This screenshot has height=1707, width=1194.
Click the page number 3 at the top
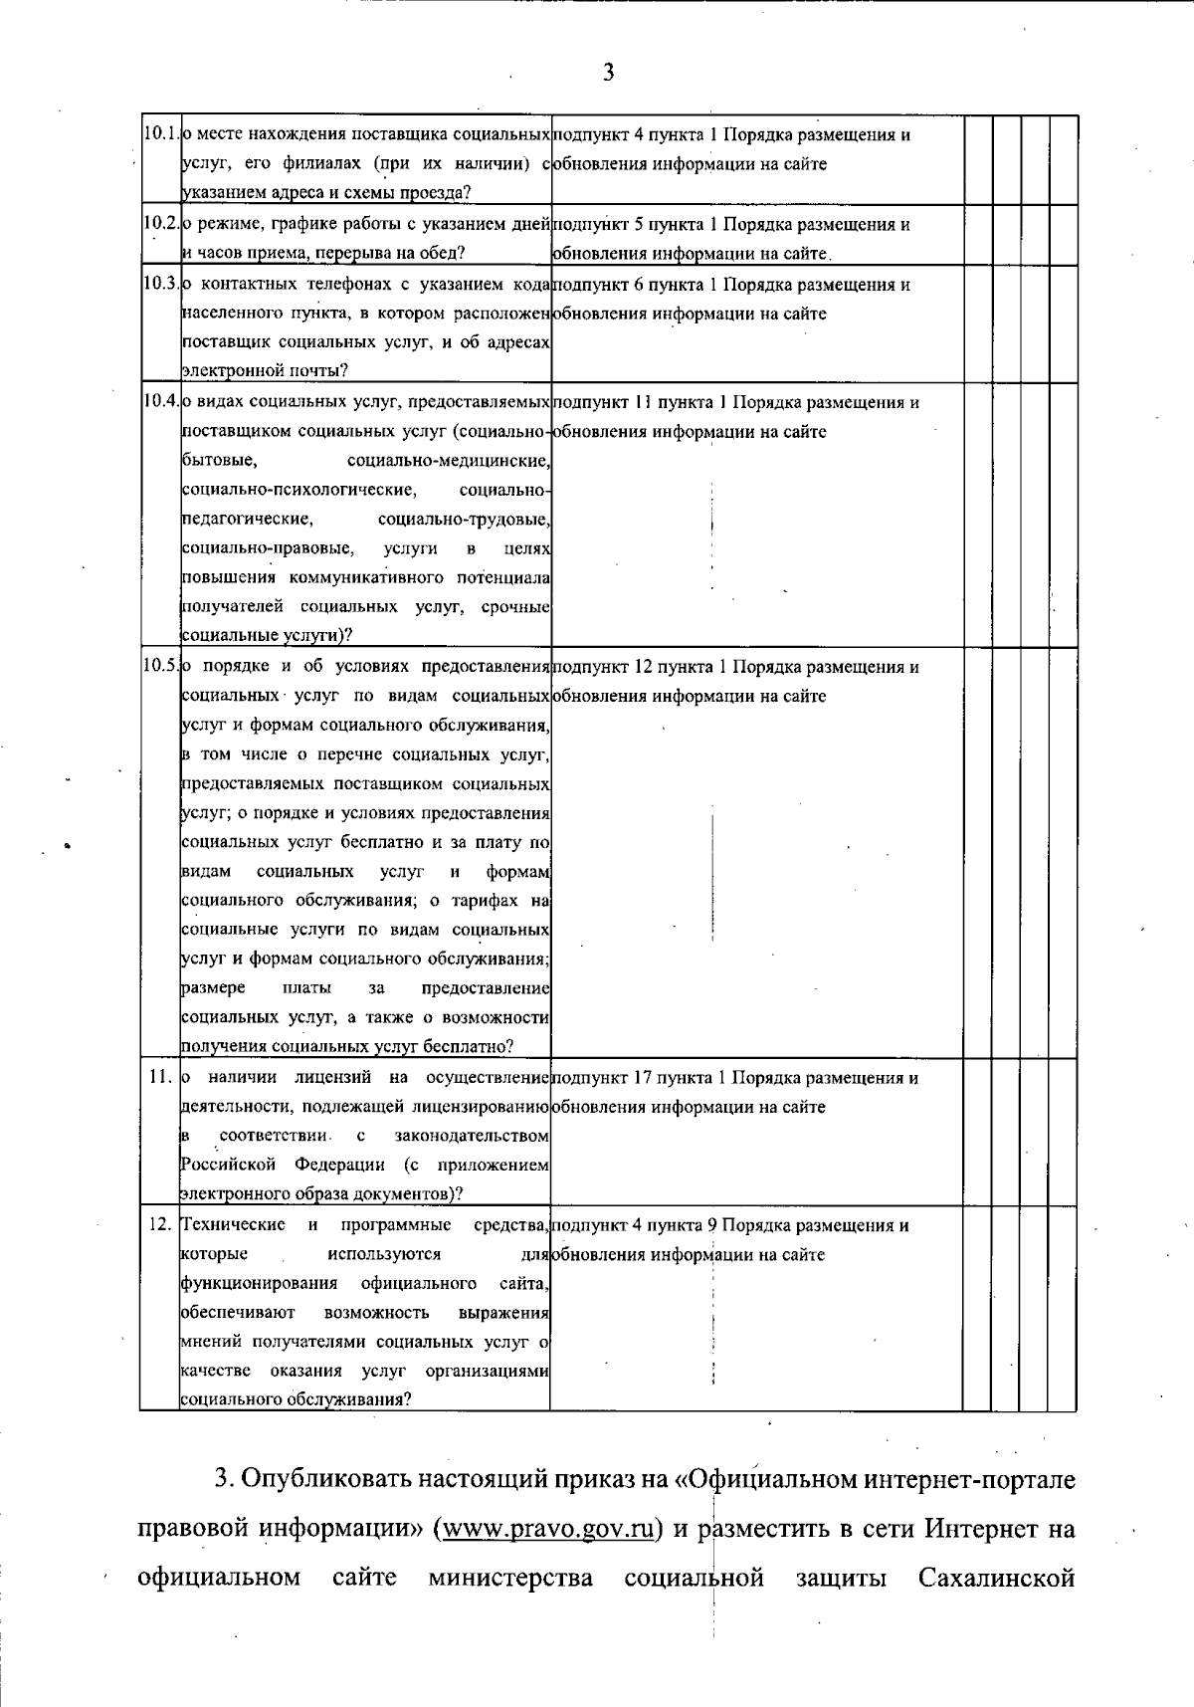pos(608,72)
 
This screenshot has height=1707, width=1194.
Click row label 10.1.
pos(160,133)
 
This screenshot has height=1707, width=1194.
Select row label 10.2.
pos(160,224)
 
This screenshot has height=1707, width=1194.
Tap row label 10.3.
pos(160,284)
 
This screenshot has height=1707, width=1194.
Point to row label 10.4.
pos(160,402)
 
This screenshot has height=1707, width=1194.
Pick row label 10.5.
pos(160,666)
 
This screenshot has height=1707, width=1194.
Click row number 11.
pos(162,1077)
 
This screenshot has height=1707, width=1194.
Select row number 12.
pos(161,1224)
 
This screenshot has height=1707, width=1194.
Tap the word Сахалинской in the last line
pos(996,1579)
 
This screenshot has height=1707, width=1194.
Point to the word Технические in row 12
pos(233,1224)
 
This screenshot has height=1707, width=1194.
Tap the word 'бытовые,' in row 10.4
pos(221,461)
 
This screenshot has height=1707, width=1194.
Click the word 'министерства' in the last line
pos(510,1579)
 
